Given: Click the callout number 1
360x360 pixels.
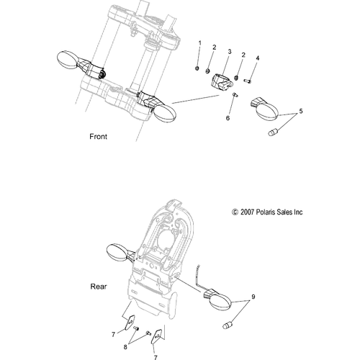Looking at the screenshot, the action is tap(199, 43).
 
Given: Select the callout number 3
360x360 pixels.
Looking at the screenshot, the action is tap(230, 52).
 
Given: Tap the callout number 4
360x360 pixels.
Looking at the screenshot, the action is tap(258, 58).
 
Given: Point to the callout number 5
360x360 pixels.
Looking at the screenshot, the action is tap(301, 112).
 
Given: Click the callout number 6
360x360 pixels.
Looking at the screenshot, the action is tap(228, 118).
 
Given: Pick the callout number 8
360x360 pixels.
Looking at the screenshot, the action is tap(125, 347).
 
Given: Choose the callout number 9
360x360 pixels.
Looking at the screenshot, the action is tap(253, 297).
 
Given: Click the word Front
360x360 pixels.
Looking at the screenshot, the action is tap(98, 137).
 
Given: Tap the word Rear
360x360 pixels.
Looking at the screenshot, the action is tap(99, 287).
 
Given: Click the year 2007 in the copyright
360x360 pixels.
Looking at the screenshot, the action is tap(247, 212).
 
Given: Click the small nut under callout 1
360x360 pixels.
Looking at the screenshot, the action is tap(197, 68).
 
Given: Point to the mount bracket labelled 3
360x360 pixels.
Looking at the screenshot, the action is tap(222, 83).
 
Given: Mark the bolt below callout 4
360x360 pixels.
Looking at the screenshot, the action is tap(248, 81).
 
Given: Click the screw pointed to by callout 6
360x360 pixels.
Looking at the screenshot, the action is tap(235, 95).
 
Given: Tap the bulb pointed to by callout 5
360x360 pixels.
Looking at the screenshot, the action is tap(273, 132).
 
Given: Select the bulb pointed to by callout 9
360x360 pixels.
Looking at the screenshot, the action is tap(228, 324).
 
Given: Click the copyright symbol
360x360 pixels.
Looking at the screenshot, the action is tap(235, 212).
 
